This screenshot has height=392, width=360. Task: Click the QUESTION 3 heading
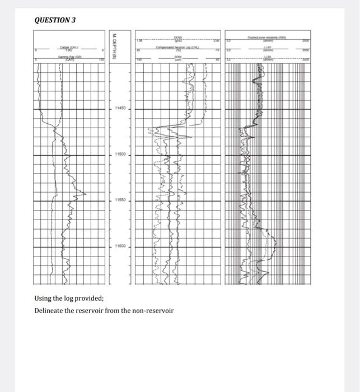tap(54, 20)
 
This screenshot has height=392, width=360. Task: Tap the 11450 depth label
tap(121, 108)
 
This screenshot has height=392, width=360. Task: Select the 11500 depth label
tap(121, 154)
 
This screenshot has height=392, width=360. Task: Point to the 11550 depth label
tap(121, 200)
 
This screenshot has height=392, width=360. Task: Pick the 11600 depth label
tap(121, 246)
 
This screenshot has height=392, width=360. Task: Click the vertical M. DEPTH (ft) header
tap(114, 45)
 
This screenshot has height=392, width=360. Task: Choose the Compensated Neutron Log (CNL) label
tap(179, 49)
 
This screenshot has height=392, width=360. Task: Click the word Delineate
tap(50, 310)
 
